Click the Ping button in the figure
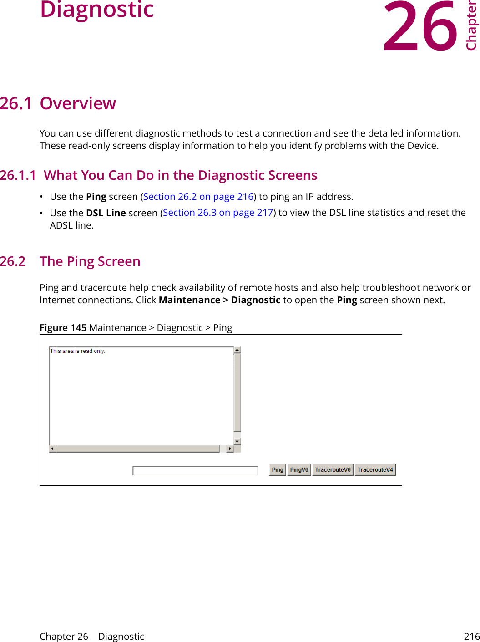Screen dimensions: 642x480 (278, 470)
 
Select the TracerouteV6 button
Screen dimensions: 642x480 (333, 470)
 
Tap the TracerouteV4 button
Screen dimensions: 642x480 (375, 470)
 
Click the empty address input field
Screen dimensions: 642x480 (195, 471)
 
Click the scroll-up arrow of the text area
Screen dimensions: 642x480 (237, 350)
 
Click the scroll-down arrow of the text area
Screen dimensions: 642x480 (237, 442)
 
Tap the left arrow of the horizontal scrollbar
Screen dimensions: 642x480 (53, 449)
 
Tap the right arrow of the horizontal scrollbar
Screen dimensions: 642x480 (230, 449)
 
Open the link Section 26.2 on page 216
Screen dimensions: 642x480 (198, 197)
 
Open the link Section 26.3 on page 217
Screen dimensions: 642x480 (218, 213)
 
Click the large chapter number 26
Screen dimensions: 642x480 (420, 27)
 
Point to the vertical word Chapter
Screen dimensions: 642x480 (471, 25)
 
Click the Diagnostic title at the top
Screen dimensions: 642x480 (97, 10)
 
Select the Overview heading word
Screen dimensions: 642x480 (78, 104)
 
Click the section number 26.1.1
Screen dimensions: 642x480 (18, 176)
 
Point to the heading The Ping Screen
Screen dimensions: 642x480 (90, 261)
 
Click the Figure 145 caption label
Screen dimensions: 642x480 (63, 328)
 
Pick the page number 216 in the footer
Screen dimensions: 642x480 (471, 637)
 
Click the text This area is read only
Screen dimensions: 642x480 (77, 351)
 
